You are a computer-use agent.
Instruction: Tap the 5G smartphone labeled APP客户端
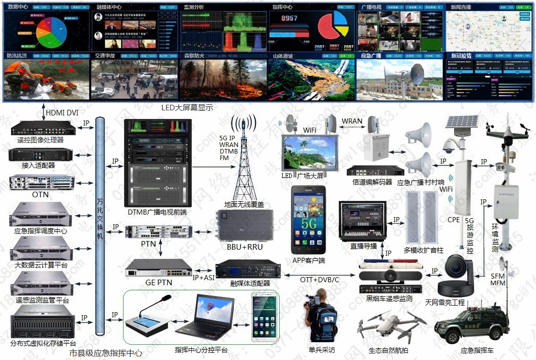(x=308, y=220)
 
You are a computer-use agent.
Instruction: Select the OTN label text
(x=40, y=195)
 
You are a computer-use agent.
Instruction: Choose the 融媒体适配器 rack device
(x=250, y=269)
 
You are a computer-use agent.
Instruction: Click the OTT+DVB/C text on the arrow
(x=319, y=280)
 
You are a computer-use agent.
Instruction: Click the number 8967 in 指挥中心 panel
(x=289, y=18)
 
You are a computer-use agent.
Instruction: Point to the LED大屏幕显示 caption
(x=187, y=107)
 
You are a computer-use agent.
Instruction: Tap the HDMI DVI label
(x=62, y=112)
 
